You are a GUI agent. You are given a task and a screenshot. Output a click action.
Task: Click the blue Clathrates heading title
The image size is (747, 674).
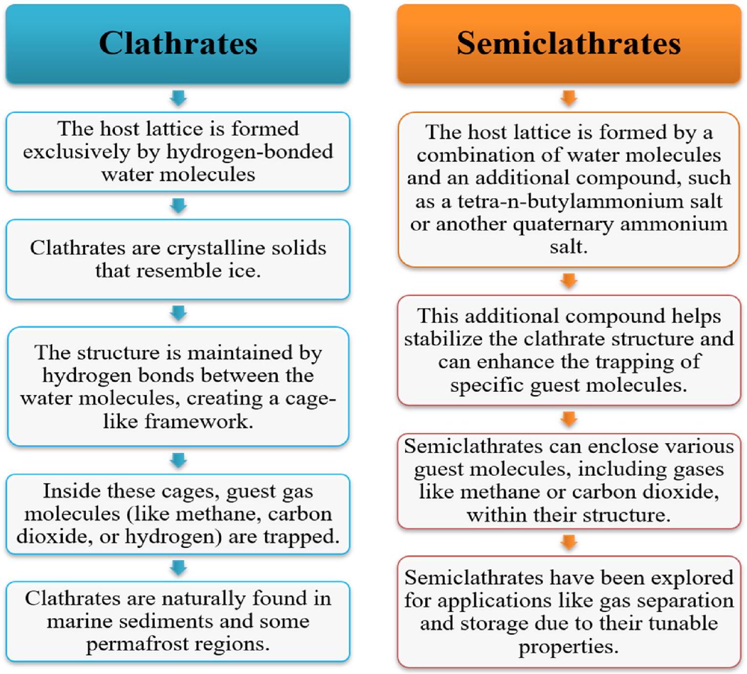(178, 43)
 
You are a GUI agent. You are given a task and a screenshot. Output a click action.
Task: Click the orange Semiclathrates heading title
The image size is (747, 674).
(569, 43)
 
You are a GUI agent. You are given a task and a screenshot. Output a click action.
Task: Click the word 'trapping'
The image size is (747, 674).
(632, 362)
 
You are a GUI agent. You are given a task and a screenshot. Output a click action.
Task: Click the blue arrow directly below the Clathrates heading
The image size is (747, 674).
(178, 98)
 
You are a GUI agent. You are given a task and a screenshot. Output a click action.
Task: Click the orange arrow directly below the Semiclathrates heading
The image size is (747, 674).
(569, 98)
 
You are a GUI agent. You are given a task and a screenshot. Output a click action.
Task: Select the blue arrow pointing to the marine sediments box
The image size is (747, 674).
(178, 568)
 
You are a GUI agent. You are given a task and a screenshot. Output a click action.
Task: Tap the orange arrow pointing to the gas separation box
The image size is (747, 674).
(569, 542)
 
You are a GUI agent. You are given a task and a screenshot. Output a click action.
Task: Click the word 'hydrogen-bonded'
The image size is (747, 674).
(250, 152)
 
